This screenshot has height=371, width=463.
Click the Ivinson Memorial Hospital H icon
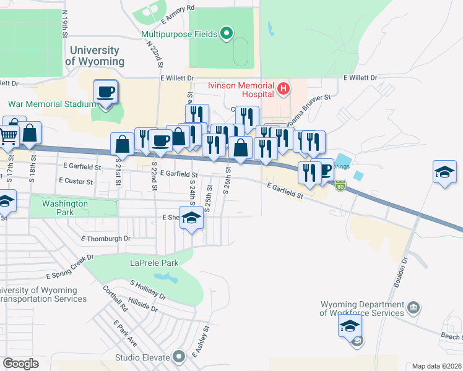283,89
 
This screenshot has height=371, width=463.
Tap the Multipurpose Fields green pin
226,34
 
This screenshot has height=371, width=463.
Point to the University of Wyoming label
94,56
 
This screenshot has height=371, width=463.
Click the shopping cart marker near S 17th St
8,135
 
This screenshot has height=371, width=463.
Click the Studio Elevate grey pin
180,357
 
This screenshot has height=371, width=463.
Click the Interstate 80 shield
340,185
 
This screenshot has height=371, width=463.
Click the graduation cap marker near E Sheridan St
192,219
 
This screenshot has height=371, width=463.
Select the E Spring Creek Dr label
70,266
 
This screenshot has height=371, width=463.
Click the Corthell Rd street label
115,297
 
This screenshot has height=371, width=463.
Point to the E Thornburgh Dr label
106,237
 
